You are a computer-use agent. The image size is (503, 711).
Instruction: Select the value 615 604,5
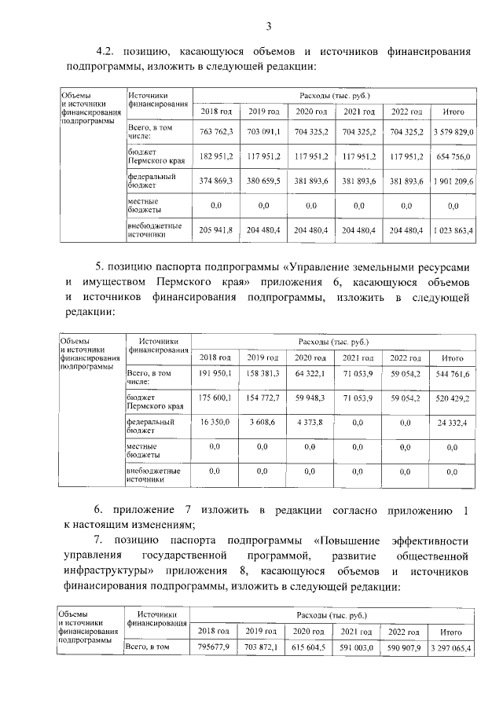[310, 647]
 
